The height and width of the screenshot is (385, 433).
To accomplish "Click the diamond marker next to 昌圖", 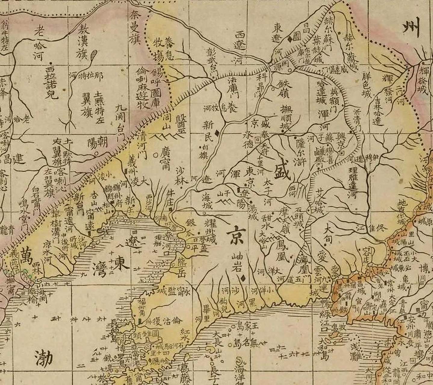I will pyautogui.click(x=289, y=38).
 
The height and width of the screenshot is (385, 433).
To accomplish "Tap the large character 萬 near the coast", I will pyautogui.click(x=27, y=257).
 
